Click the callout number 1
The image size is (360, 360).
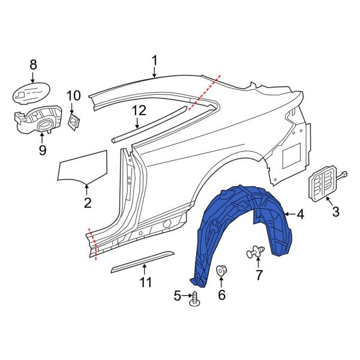(x=155, y=61)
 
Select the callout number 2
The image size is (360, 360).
(x=88, y=203)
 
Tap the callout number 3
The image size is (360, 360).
(x=335, y=211)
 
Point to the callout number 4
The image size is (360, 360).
(x=301, y=214)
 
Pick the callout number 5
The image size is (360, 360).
(x=178, y=296)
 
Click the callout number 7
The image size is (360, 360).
(x=259, y=275)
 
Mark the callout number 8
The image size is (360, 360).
(x=33, y=64)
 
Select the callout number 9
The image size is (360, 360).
(x=42, y=150)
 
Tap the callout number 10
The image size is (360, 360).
(x=73, y=95)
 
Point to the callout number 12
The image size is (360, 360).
(x=139, y=110)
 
